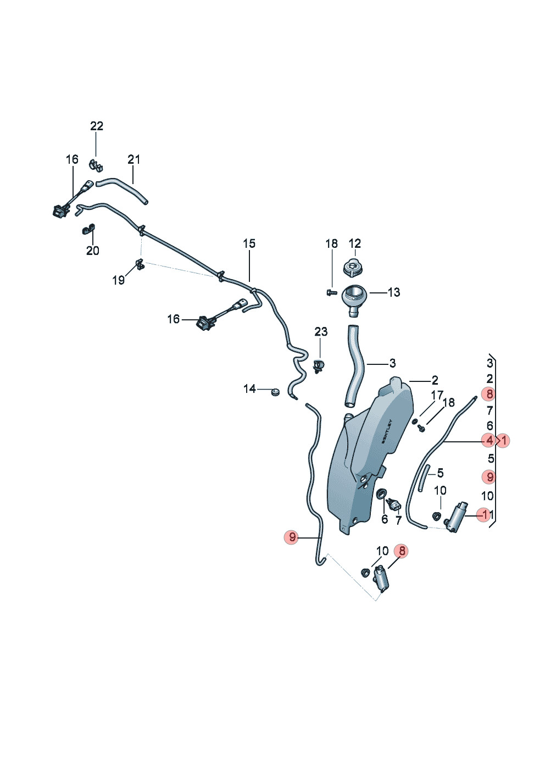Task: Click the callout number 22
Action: tap(97, 126)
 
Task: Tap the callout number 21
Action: tap(134, 159)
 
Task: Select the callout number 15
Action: tap(249, 243)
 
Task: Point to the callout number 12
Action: tap(355, 243)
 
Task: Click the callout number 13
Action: tap(394, 292)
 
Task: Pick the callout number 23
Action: tap(321, 332)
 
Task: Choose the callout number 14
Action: tap(249, 389)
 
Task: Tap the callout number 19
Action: tap(118, 280)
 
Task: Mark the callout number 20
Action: tap(92, 251)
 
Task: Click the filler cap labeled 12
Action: tap(353, 267)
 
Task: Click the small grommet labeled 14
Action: tap(275, 392)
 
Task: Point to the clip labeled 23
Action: tap(319, 366)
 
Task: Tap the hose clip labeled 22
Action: tap(97, 165)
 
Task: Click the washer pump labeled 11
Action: tap(457, 517)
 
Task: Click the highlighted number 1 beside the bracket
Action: tap(504, 440)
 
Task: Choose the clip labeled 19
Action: tap(140, 265)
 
